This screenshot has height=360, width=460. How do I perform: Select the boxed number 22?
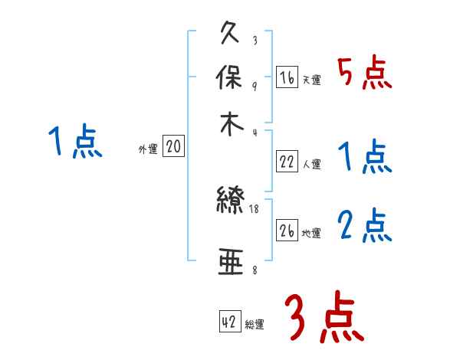[287, 161]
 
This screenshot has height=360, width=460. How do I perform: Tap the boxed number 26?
[287, 231]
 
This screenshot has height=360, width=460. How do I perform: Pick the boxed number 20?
[173, 147]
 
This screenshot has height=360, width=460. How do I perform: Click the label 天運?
[311, 80]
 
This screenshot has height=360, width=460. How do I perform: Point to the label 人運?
[311, 164]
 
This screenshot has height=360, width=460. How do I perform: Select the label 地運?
[311, 234]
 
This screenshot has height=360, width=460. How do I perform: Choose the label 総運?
[255, 325]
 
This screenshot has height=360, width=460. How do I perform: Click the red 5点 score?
[364, 74]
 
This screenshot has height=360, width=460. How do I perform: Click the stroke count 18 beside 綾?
[255, 208]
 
